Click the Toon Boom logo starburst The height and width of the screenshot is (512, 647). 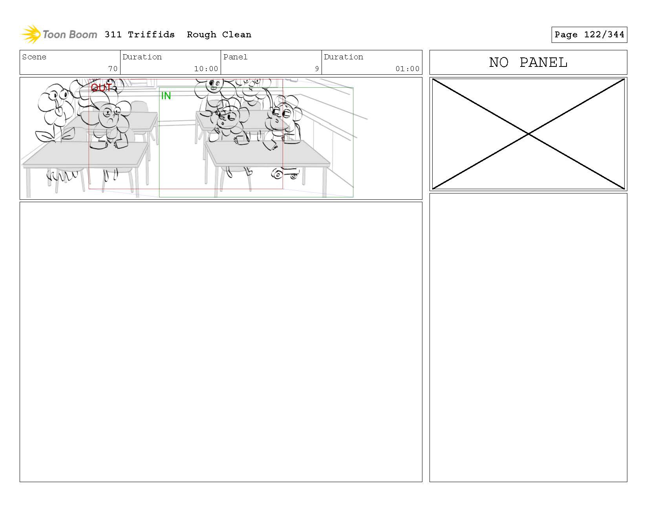(31, 34)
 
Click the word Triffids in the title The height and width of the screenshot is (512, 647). (151, 35)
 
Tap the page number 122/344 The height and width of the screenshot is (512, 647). (604, 35)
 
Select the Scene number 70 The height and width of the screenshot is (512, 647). (113, 69)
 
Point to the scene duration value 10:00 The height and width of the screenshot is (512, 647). (206, 69)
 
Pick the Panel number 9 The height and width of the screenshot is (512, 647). (317, 69)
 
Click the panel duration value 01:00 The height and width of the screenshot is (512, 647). (408, 69)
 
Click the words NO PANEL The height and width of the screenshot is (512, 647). (528, 63)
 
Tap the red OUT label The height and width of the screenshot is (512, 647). (101, 88)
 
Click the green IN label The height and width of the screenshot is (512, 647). (166, 96)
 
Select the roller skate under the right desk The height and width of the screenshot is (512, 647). (285, 173)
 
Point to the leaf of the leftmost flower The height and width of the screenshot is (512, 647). (46, 136)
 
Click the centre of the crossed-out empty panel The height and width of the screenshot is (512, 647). (528, 134)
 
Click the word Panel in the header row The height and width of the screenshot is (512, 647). (236, 57)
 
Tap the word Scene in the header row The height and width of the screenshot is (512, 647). (34, 57)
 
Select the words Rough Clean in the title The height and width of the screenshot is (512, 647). (219, 35)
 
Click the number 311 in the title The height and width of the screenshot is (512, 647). (113, 35)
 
